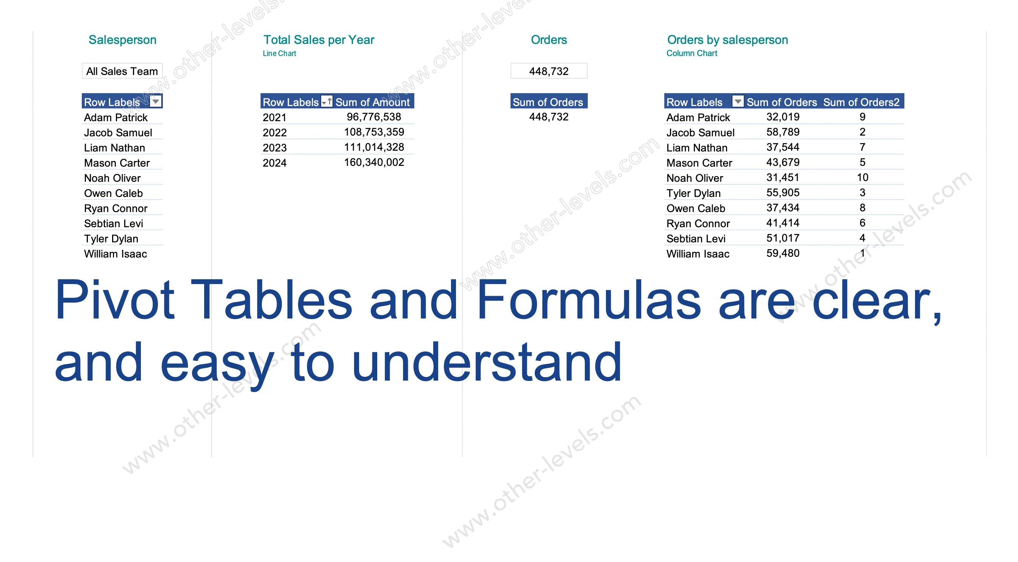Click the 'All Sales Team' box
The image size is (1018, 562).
coord(122,71)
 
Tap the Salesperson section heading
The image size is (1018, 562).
coord(122,40)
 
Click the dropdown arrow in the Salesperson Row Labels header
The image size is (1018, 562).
coord(156,101)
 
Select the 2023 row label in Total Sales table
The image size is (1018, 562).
coord(275,148)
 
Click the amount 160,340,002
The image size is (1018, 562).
coord(374,162)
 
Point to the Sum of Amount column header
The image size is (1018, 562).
coord(372,102)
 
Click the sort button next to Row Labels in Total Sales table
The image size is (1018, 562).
coord(326,101)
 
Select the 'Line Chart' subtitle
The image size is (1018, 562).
coord(279,53)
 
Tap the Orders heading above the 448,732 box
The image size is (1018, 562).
coord(549,40)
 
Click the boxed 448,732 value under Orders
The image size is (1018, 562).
coord(549,71)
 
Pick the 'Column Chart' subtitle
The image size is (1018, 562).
coord(692,53)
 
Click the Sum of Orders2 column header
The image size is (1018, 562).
coord(861,102)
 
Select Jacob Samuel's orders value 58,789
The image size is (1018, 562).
coord(783,132)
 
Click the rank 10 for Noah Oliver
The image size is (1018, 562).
coord(863,178)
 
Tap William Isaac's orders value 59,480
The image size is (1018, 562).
coord(783,253)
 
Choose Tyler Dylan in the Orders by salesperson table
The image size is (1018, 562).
coord(693,193)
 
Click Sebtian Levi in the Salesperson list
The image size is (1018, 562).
coord(113,224)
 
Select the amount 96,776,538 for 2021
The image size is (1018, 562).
coord(374,117)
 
